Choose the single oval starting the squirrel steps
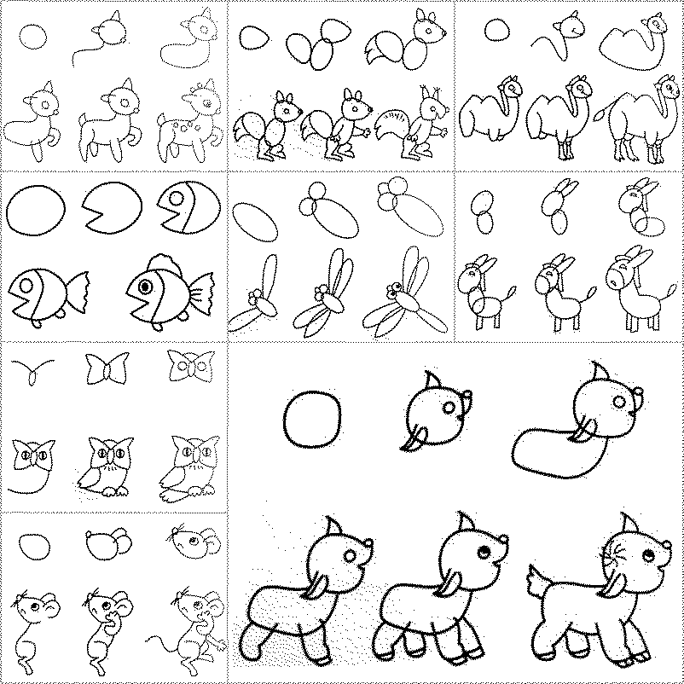(x=252, y=38)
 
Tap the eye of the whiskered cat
(x=641, y=557)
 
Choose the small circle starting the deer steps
(x=32, y=36)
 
